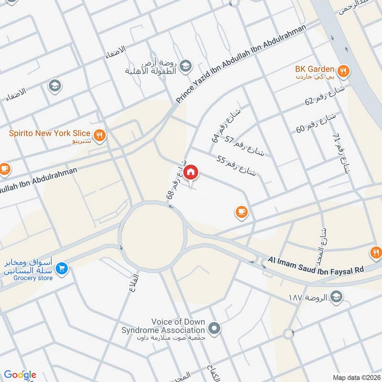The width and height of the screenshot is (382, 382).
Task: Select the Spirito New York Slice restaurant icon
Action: (99, 135)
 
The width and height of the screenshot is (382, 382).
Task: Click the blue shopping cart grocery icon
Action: (61, 269)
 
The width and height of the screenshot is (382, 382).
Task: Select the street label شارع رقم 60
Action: (316, 122)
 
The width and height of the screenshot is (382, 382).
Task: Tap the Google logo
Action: (20, 374)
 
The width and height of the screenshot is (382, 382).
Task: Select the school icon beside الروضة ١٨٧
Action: (337, 297)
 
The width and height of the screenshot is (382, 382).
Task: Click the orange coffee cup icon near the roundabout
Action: (241, 212)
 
